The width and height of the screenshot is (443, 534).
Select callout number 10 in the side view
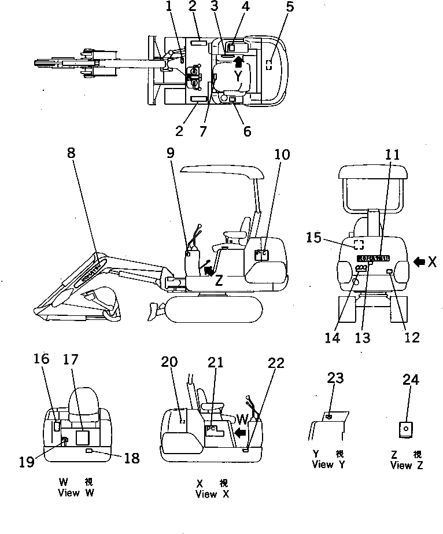click(282, 154)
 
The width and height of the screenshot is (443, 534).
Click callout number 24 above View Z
click(411, 380)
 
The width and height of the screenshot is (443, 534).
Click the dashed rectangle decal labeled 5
click(268, 64)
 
